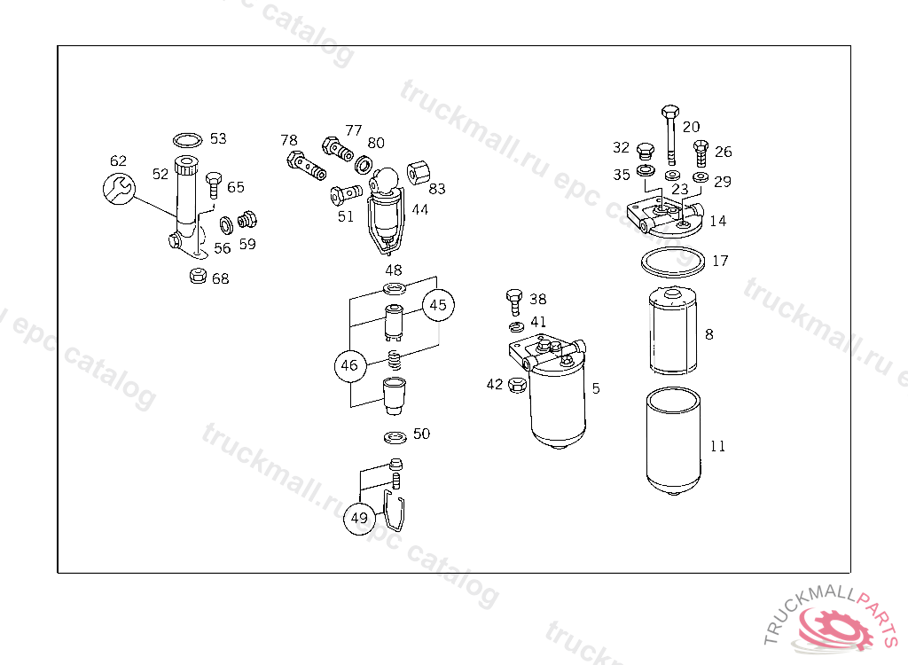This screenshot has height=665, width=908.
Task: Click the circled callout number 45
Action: (438, 305)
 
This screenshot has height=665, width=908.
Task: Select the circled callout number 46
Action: (349, 365)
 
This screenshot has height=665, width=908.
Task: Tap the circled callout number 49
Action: (360, 518)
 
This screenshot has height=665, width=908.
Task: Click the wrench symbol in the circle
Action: (120, 189)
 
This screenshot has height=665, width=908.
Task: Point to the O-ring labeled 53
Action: (188, 139)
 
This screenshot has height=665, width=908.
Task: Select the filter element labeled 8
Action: (672, 331)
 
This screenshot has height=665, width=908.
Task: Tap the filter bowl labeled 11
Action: (674, 442)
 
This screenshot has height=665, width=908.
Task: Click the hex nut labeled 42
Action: (517, 384)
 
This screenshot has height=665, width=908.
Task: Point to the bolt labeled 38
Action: (514, 301)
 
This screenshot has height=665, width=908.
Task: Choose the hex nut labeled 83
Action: (419, 173)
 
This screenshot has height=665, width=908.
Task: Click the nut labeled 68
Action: (198, 275)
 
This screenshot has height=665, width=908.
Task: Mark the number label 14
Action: (718, 221)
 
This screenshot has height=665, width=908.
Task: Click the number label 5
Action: (596, 388)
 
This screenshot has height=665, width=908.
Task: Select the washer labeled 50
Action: (395, 437)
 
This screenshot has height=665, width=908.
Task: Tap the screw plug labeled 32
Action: (646, 152)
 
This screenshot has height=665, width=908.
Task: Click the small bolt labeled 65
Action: (215, 185)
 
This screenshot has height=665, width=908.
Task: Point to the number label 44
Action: (419, 209)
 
